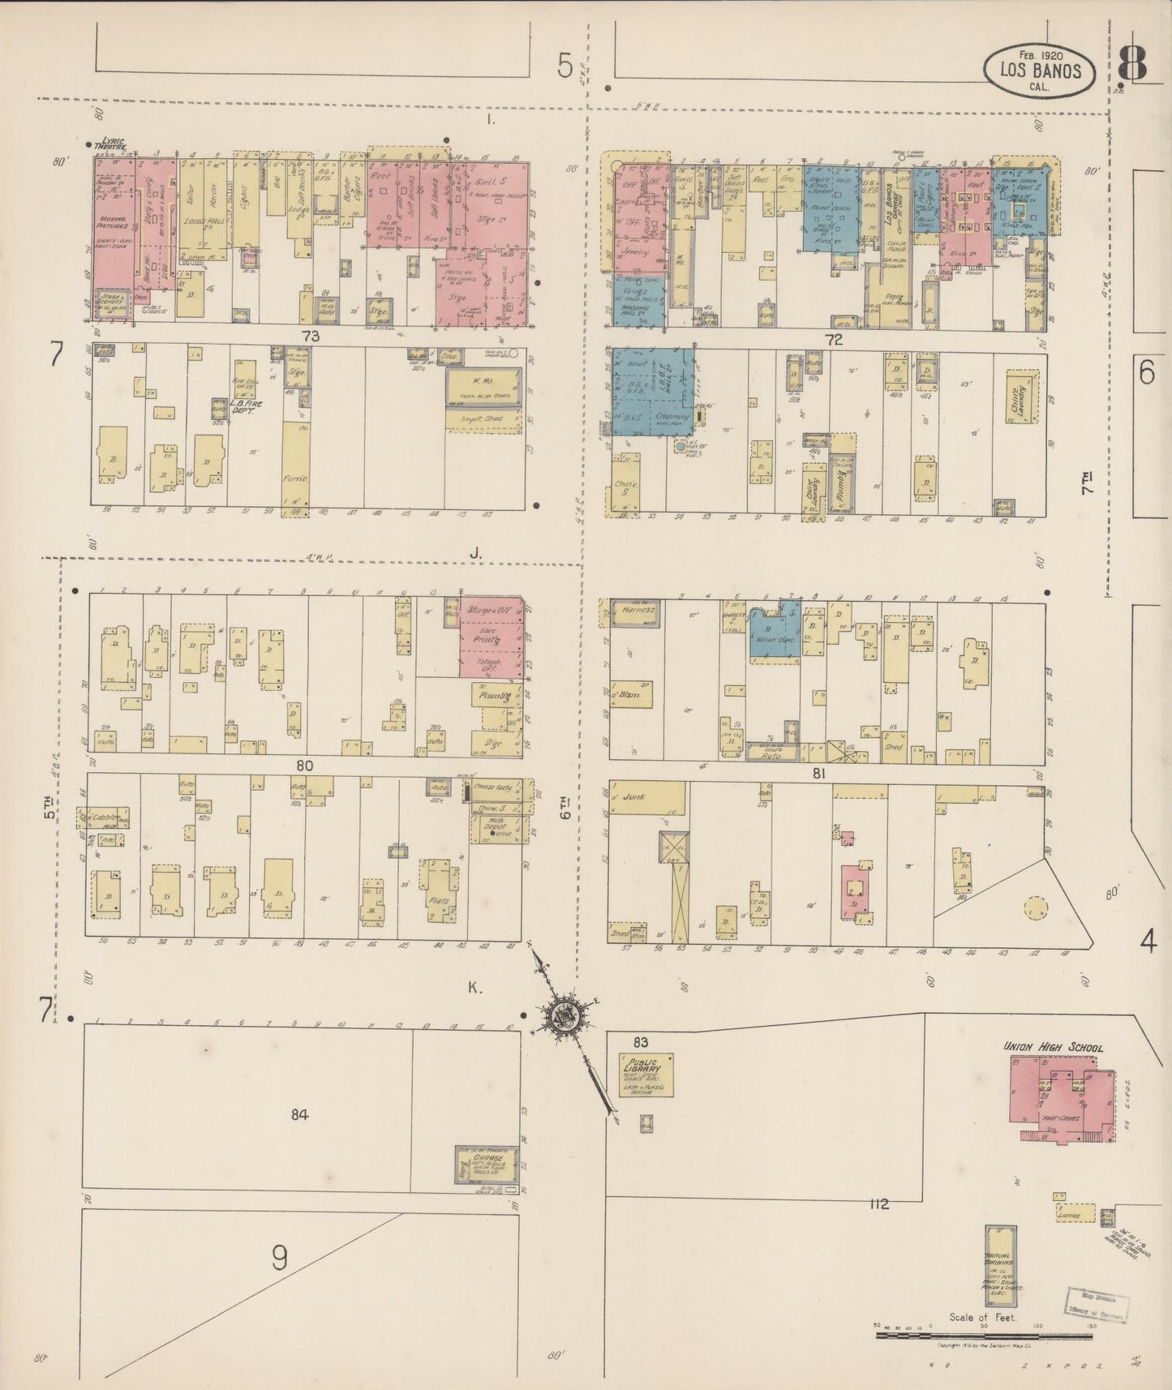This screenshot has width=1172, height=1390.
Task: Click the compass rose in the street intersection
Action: coord(561,1015)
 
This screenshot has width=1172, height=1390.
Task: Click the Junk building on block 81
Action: coord(646,798)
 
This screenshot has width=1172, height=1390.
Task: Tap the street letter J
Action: coord(475,552)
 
